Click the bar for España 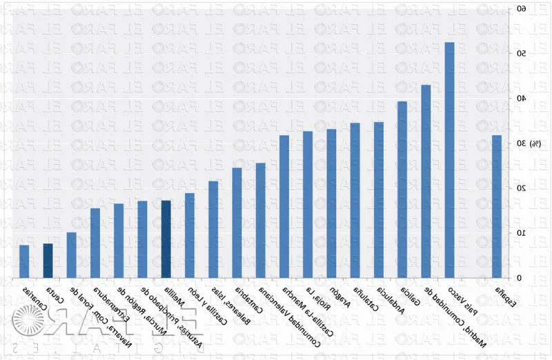tap(496, 206)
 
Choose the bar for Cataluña tap(355, 200)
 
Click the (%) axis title tap(535, 143)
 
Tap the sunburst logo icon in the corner tap(26, 323)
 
